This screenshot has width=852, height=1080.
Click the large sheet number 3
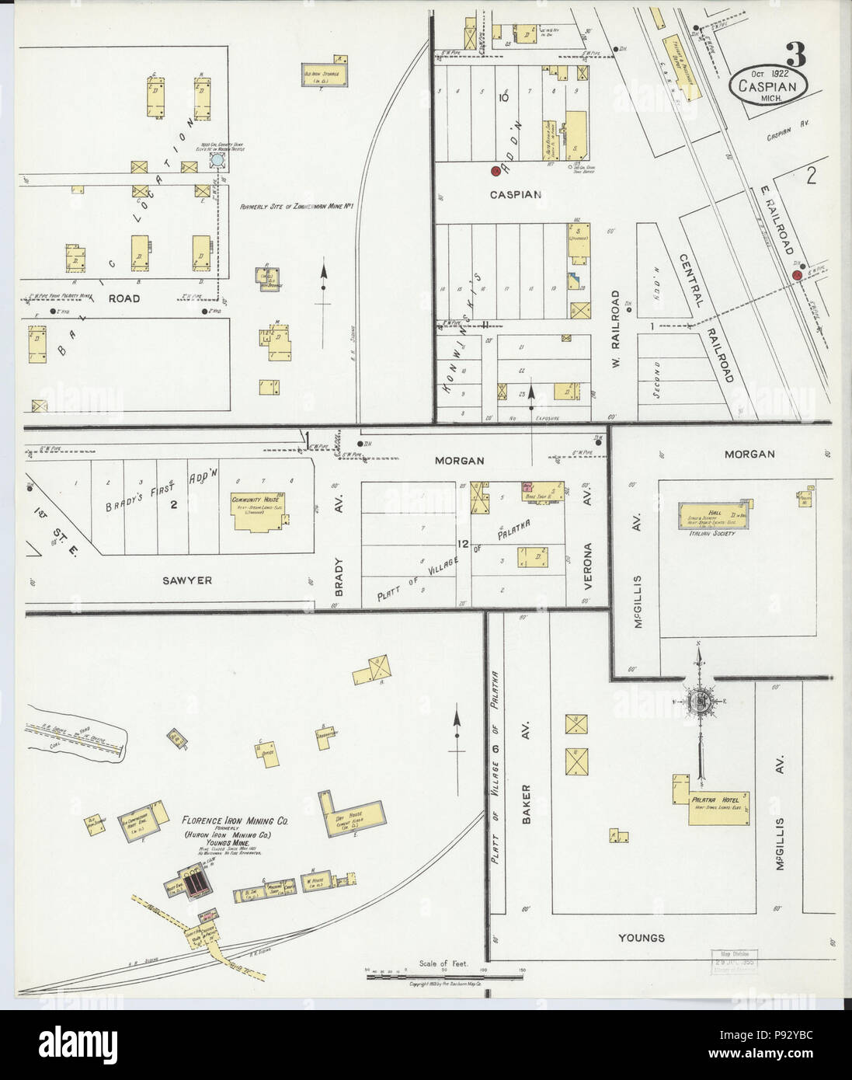click(x=795, y=55)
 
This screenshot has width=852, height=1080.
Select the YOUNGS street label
click(x=642, y=938)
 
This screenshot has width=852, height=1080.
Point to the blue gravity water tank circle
click(x=218, y=159)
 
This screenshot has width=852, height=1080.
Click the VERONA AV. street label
click(x=587, y=544)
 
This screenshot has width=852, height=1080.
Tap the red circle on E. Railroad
click(x=796, y=275)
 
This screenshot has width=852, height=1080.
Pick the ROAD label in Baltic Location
click(x=123, y=298)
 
